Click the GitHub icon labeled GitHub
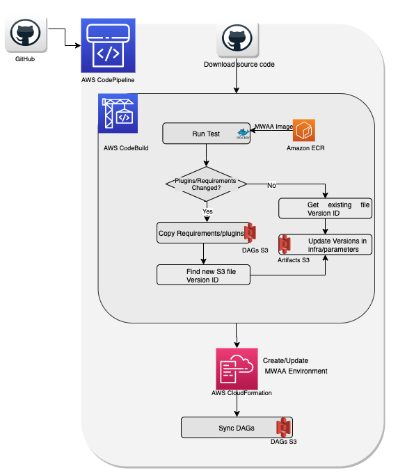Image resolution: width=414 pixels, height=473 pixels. tap(25, 34)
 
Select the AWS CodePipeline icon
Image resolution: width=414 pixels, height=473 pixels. tap(107, 46)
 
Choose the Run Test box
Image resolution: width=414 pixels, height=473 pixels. tap(206, 134)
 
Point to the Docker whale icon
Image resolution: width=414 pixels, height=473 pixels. tap(243, 134)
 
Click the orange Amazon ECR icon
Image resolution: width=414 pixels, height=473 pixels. tap(305, 131)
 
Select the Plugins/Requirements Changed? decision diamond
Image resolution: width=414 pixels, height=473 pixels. tap(206, 184)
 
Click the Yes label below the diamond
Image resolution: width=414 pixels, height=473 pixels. tap(207, 211)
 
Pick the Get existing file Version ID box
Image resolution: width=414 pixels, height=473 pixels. tap(324, 209)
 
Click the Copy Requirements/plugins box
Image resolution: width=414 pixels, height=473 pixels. tap(200, 233)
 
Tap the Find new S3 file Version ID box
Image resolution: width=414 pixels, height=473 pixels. tap(203, 275)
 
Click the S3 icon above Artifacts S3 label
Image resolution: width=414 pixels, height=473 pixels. tap(284, 244)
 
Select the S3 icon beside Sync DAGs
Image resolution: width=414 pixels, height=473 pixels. tap(283, 428)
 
